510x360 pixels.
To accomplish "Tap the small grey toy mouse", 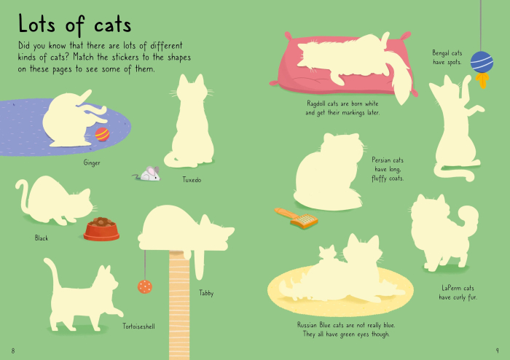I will tap(149, 173).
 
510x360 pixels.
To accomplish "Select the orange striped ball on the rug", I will tap(102, 133).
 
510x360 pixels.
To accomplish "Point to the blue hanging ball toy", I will tap(481, 62).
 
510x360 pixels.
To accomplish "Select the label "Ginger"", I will tap(92, 163).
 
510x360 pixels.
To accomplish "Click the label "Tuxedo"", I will tap(192, 179).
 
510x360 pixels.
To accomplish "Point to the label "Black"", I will tap(42, 238).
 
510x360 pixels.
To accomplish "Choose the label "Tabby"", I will tap(206, 293).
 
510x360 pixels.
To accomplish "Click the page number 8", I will tap(13, 351).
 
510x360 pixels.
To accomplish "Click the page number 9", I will tap(497, 351).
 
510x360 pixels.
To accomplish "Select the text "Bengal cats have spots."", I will tap(447, 58).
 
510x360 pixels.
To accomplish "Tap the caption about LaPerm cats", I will tap(457, 292).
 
